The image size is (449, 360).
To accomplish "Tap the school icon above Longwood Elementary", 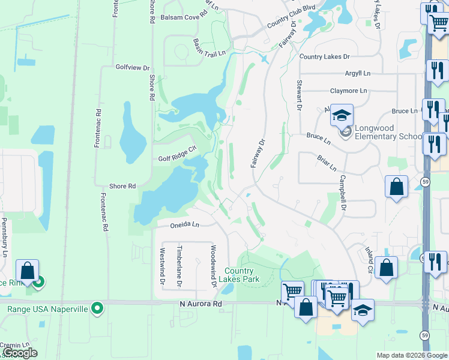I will [342, 115].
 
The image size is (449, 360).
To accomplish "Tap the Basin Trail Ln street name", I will [209, 46].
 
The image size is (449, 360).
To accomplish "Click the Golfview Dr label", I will [132, 68].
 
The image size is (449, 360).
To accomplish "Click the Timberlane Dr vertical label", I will [179, 264].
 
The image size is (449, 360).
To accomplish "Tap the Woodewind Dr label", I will [213, 264].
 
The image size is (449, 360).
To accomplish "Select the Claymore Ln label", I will [348, 91].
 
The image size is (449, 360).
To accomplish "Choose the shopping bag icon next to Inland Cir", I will [387, 268].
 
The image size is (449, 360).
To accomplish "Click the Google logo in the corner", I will [19, 353].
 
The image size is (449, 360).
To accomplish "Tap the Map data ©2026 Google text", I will [411, 355].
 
